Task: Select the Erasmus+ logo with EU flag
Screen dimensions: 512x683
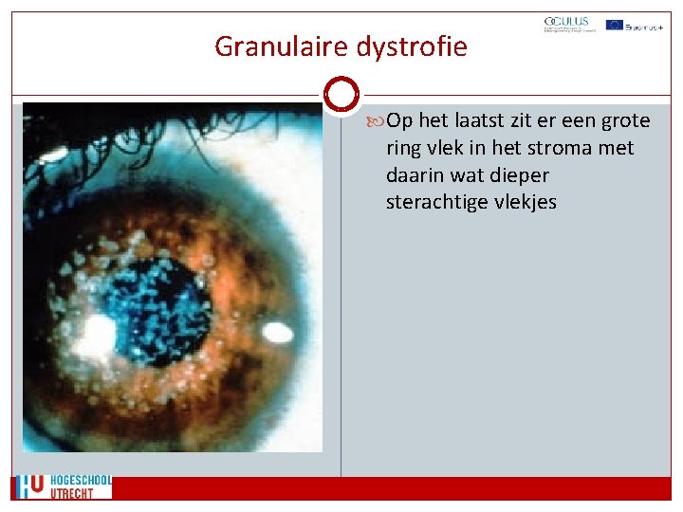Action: click(x=634, y=26)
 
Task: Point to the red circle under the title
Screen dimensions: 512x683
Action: click(x=341, y=95)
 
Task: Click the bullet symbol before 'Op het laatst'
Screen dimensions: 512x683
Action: click(x=378, y=121)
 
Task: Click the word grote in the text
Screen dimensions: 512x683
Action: click(x=627, y=121)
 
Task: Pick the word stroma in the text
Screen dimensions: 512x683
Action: click(x=556, y=148)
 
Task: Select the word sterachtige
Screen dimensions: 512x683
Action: click(x=437, y=202)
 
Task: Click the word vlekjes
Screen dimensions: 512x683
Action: click(x=525, y=202)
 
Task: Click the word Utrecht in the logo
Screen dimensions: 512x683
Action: click(x=72, y=493)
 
